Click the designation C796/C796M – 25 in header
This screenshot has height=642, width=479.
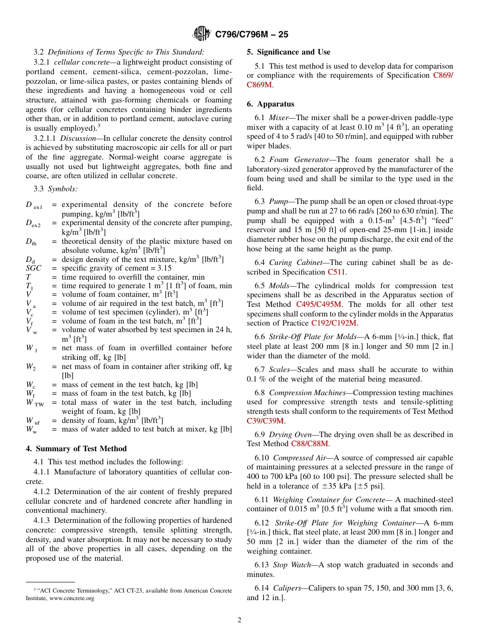pyautogui.click(x=252, y=35)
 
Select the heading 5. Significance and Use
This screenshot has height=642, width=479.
pyautogui.click(x=288, y=52)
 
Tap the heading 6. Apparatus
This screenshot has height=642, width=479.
pyautogui.click(x=270, y=104)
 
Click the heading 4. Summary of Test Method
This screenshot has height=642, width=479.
pyautogui.click(x=76, y=449)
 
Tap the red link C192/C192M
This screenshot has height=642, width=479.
pyautogui.click(x=334, y=323)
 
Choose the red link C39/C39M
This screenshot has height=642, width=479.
pyautogui.click(x=265, y=421)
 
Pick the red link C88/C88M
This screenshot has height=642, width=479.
pyautogui.click(x=310, y=444)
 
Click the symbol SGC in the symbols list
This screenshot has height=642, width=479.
pyautogui.click(x=34, y=269)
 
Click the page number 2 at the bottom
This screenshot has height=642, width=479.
pyautogui.click(x=239, y=620)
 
